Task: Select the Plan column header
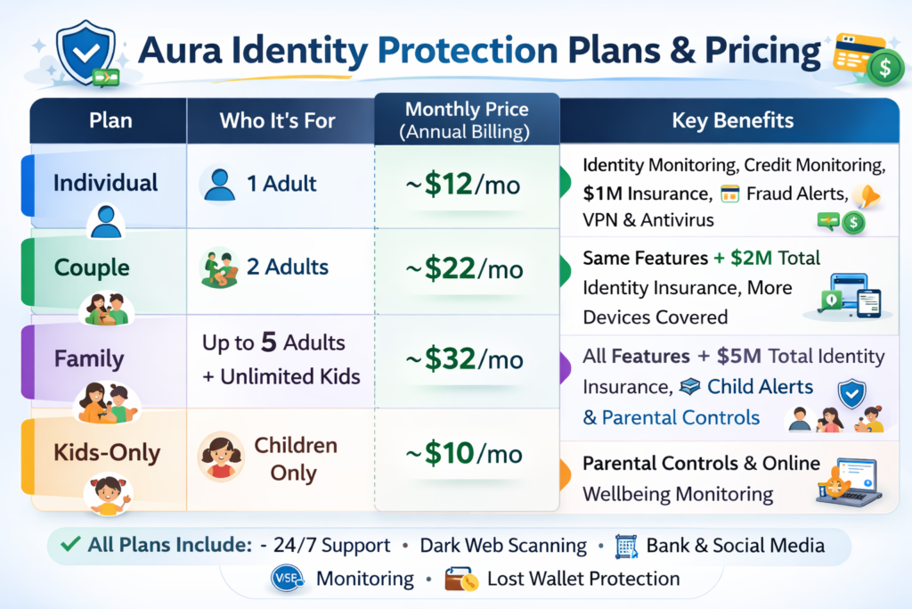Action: [110, 120]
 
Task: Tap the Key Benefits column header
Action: [733, 120]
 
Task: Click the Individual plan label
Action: [105, 183]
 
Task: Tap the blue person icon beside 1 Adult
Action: [218, 184]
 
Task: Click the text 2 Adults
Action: [288, 266]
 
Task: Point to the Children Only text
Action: [295, 458]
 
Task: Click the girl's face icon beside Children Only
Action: [221, 456]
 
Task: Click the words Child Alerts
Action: [760, 387]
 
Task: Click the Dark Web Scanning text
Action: [502, 545]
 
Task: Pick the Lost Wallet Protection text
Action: [583, 579]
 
